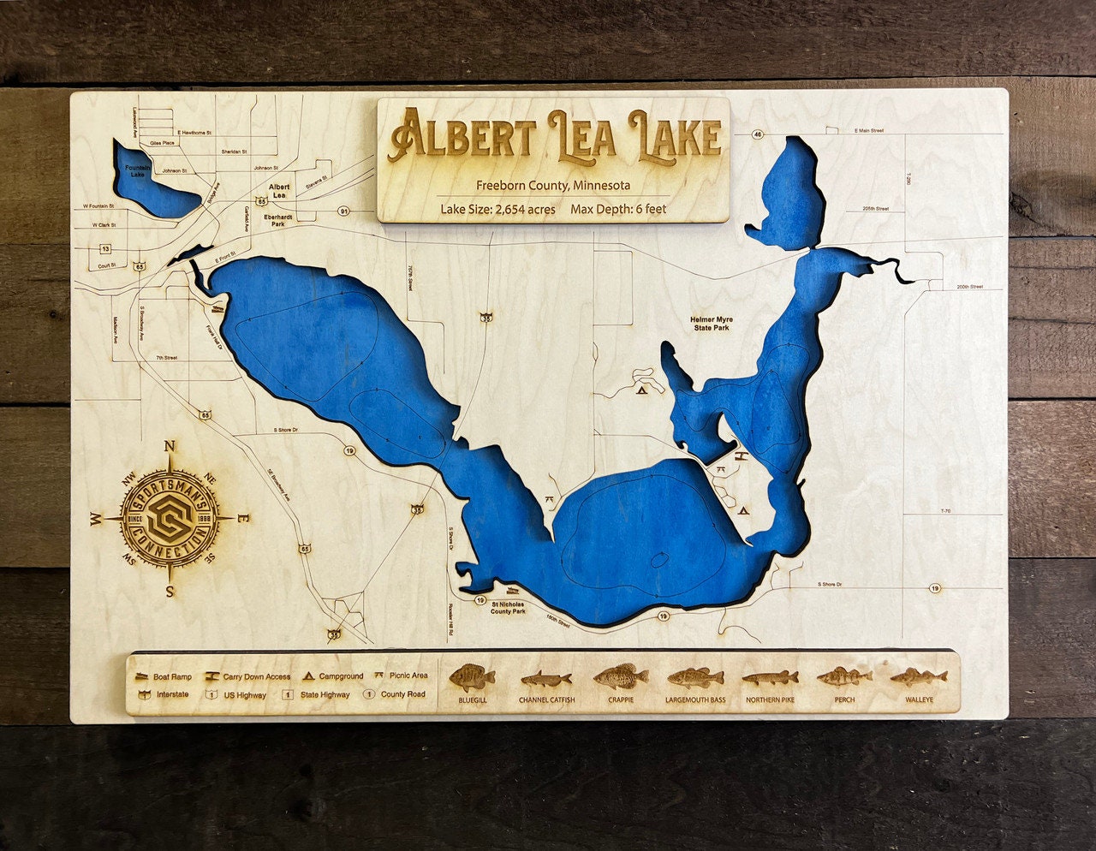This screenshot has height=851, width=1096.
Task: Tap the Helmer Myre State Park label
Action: click(712, 323)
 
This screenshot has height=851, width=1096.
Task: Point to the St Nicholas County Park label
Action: click(508, 607)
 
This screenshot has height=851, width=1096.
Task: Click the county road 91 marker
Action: click(344, 210)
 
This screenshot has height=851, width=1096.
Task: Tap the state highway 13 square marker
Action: click(105, 249)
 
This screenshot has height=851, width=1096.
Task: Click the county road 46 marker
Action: click(758, 134)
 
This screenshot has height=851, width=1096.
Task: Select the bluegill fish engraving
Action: click(472, 678)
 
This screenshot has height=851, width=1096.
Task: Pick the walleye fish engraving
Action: click(918, 678)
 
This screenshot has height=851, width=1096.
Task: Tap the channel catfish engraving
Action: click(546, 680)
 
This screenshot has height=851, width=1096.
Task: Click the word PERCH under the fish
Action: click(843, 699)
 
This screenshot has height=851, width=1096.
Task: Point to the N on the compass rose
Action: click(170, 446)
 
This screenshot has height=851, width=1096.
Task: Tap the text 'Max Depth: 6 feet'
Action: click(618, 209)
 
